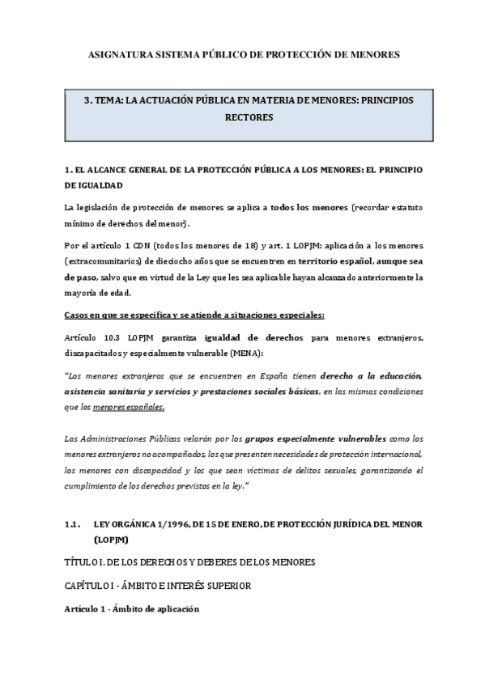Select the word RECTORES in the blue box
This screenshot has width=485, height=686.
click(x=247, y=117)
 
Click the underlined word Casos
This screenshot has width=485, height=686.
click(x=76, y=313)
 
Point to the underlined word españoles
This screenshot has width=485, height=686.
click(x=128, y=407)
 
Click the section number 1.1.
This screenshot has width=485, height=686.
click(x=71, y=523)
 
